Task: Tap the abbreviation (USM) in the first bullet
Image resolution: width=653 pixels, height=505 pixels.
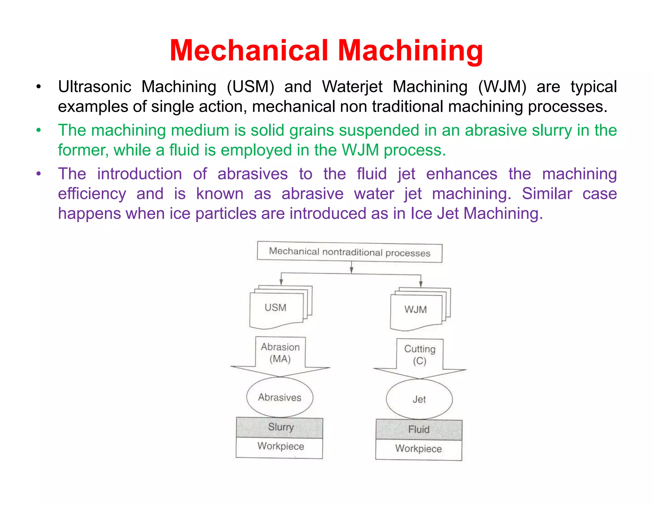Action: click(250, 87)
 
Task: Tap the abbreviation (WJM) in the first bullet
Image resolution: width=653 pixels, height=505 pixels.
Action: click(502, 87)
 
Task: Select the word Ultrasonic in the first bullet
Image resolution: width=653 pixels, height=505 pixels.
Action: click(95, 87)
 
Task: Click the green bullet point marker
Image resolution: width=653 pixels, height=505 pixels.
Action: click(39, 130)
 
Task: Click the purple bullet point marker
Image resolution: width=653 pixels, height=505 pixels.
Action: click(39, 174)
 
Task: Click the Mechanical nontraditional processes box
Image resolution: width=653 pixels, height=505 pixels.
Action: click(349, 252)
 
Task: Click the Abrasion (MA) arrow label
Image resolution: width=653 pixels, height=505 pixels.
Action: click(280, 353)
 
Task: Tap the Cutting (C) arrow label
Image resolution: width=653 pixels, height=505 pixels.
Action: click(420, 355)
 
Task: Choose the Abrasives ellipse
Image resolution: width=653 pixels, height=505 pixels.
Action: click(280, 397)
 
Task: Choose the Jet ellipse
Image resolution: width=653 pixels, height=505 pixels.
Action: click(419, 399)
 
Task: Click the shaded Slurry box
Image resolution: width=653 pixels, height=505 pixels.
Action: click(280, 427)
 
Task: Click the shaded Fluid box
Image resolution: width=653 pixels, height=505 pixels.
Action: click(419, 430)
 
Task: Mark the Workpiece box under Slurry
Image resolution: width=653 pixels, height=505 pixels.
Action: click(280, 447)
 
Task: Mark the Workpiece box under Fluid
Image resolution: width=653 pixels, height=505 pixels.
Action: click(418, 449)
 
